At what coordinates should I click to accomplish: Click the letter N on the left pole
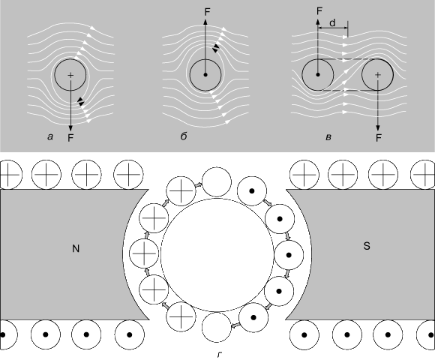[x=76, y=249]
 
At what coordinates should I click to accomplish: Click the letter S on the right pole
[x=367, y=246]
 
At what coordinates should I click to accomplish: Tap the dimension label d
[x=332, y=22]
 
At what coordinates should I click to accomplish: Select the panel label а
[x=50, y=136]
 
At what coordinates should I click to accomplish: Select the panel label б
[x=184, y=136]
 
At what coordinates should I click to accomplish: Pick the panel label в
[x=328, y=137]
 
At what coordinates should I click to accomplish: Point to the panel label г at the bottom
[x=220, y=355]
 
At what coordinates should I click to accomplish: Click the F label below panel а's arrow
[x=70, y=138]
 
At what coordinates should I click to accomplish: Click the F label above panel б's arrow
[x=207, y=12]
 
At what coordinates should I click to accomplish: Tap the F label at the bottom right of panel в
[x=379, y=137]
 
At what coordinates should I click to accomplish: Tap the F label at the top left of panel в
[x=319, y=10]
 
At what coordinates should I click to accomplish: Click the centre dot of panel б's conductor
[x=205, y=74]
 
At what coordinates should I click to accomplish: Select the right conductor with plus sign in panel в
[x=377, y=74]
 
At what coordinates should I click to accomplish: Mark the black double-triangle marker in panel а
[x=81, y=101]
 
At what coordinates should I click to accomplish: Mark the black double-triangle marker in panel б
[x=215, y=48]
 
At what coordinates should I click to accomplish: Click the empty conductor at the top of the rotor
[x=217, y=182]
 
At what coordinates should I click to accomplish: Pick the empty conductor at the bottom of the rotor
[x=217, y=328]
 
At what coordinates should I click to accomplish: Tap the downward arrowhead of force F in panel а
[x=70, y=127]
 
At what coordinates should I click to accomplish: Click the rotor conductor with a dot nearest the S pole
[x=289, y=255]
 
